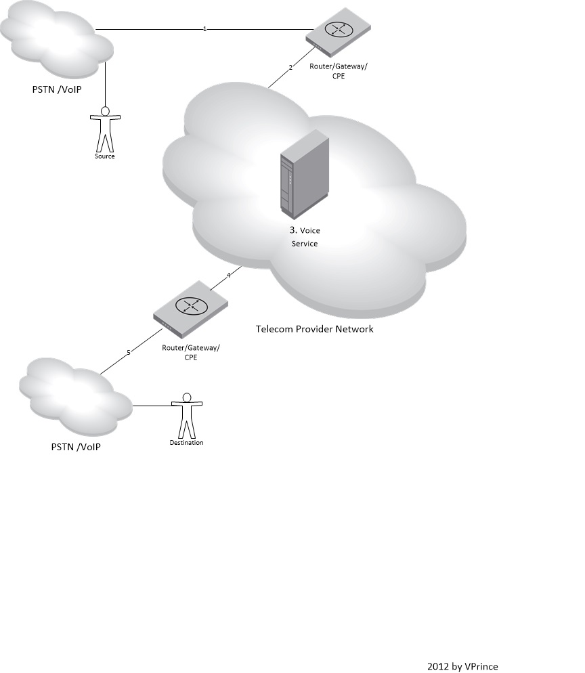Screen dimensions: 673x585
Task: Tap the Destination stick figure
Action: (x=186, y=417)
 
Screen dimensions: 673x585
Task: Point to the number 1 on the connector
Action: (x=204, y=29)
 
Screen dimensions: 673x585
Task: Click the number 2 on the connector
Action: (x=290, y=68)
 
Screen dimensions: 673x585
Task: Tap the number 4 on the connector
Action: (x=229, y=275)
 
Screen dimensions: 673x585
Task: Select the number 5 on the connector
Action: (x=129, y=352)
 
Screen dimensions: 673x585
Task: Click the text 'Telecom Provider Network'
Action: (x=314, y=329)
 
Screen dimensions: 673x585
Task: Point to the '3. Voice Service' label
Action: (x=304, y=237)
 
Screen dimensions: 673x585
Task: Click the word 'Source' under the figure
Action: (x=105, y=156)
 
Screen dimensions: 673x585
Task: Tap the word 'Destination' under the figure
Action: (x=186, y=443)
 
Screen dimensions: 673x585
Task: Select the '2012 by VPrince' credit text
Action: (x=462, y=666)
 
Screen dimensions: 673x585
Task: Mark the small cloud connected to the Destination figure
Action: (x=74, y=399)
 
